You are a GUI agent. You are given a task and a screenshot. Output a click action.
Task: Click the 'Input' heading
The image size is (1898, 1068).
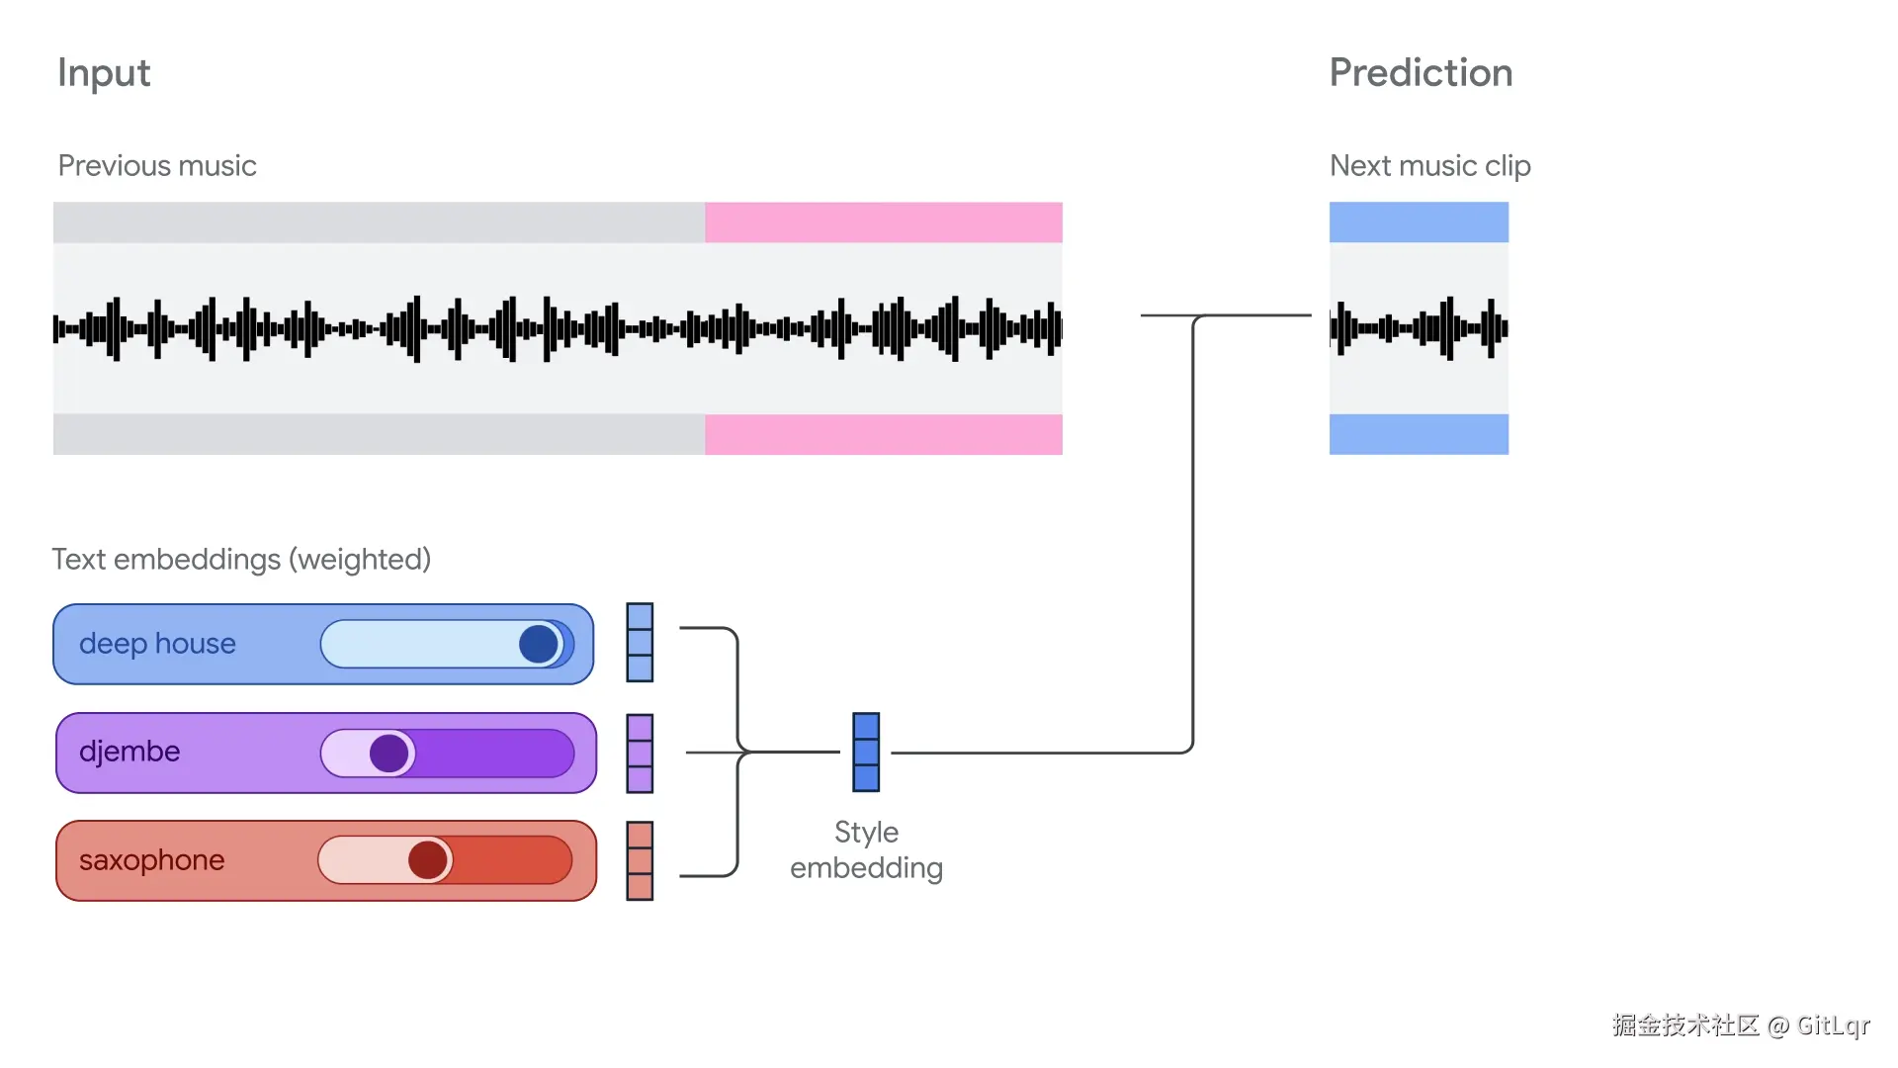click(104, 74)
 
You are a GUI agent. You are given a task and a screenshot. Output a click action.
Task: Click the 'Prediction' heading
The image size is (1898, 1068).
click(1421, 73)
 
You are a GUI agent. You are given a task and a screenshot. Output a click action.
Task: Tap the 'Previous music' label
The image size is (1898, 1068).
click(157, 165)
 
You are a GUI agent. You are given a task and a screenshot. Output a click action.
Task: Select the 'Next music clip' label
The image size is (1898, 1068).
click(1429, 166)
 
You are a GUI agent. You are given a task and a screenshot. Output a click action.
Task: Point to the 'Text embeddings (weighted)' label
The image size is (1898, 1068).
click(241, 560)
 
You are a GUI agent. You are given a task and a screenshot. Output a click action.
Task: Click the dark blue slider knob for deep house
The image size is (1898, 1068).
click(539, 644)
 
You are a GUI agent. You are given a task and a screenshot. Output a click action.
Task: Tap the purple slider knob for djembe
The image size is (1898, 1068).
click(389, 754)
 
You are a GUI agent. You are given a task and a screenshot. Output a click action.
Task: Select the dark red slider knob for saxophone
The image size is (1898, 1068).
click(428, 860)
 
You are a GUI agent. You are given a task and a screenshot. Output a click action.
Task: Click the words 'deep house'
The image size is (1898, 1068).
click(157, 644)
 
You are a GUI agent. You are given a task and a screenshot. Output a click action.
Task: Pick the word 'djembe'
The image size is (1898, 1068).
click(129, 752)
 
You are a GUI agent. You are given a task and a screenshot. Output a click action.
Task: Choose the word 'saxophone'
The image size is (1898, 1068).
click(152, 860)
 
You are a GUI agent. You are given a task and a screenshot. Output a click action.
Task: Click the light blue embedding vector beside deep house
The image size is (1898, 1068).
click(640, 643)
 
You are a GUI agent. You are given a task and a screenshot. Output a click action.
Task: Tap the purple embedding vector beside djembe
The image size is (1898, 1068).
click(640, 754)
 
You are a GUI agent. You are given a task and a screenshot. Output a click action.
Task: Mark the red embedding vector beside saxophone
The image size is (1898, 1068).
click(640, 860)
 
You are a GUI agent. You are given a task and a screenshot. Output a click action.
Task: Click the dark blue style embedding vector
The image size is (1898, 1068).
click(866, 752)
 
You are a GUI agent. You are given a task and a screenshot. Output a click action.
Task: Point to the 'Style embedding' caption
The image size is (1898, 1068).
click(866, 849)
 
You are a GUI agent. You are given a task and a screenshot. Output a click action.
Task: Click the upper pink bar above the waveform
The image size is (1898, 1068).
click(884, 222)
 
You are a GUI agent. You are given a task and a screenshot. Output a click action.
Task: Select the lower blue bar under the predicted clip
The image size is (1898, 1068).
click(1419, 434)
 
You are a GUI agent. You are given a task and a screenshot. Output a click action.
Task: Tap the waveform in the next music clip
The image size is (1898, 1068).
click(1419, 328)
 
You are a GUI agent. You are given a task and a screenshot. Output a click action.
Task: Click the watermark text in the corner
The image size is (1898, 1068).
click(1741, 1025)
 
